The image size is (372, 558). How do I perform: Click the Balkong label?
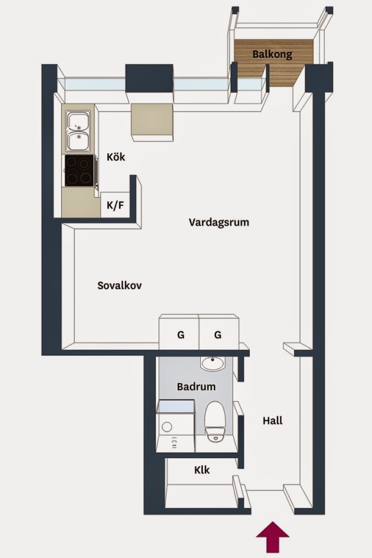coord(272,54)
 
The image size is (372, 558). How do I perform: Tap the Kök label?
coord(116,157)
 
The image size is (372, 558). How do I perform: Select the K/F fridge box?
coord(115,205)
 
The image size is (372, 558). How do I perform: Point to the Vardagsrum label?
coord(219,222)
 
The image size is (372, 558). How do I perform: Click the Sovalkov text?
coord(119,286)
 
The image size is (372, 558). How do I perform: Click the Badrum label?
coord(196,386)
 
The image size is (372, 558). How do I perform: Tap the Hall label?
coord(273,420)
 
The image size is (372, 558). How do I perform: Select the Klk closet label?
coord(202,470)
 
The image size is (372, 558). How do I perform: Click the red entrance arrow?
coord(273,539)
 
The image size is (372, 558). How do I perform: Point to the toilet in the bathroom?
coord(215,422)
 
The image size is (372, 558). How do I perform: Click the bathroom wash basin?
coord(212,363)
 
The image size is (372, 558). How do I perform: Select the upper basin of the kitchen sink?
coord(78,122)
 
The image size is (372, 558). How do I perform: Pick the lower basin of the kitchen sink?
coord(78,141)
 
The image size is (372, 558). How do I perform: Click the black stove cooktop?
coord(79,170)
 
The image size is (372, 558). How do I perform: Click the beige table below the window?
coord(153,122)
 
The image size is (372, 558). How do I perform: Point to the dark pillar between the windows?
coord(149,78)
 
